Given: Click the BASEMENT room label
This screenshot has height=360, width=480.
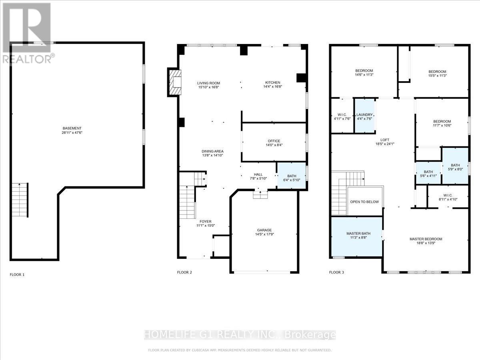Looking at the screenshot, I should pos(75,128).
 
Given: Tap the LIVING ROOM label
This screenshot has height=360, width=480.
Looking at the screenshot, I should pos(208,83).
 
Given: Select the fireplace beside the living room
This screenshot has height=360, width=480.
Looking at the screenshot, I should pos(174,82).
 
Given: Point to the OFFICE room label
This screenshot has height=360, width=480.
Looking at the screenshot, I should pos(274,141).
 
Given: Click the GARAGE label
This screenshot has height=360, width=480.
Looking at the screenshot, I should pos(264,230).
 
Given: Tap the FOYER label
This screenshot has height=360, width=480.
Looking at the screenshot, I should pos(206,221).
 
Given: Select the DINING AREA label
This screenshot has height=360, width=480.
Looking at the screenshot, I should pos(212,151).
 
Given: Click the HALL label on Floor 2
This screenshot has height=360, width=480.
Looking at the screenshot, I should pos(258,175).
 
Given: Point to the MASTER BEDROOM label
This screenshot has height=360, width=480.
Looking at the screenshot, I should pos(426,239).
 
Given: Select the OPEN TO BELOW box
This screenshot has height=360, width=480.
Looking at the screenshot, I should pos(364,202).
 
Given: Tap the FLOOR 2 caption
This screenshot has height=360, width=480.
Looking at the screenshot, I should pos(184,272).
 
